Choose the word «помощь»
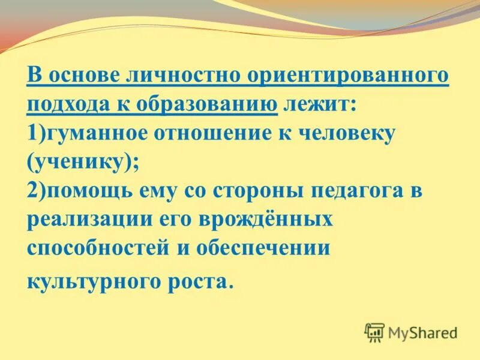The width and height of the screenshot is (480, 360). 87,191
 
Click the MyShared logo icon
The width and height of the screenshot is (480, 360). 374,332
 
